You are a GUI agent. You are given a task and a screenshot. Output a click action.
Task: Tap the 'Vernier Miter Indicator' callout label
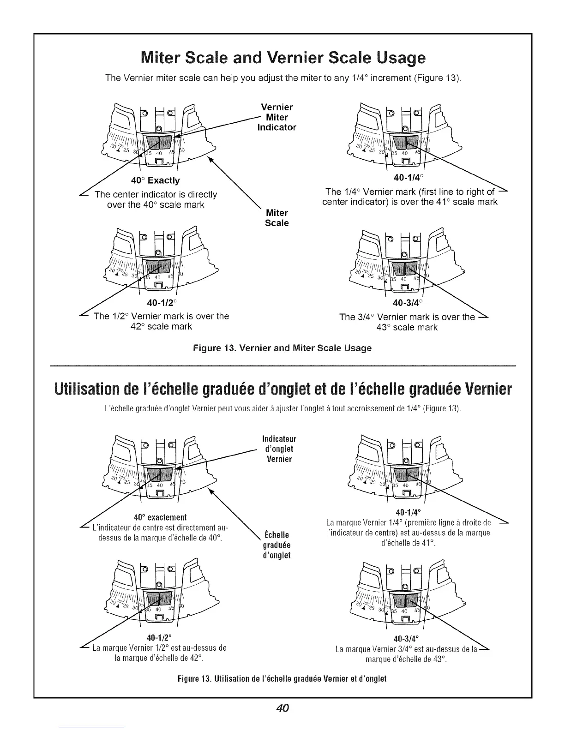tap(276, 117)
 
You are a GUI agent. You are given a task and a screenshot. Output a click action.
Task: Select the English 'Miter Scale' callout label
tap(277, 218)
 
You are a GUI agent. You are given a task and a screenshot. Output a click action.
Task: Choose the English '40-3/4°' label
tap(408, 303)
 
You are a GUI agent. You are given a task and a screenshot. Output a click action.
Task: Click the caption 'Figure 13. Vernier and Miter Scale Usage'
tap(282, 348)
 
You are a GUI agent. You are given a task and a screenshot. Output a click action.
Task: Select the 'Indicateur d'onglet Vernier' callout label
tap(279, 449)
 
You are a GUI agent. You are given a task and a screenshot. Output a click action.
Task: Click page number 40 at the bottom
tap(282, 708)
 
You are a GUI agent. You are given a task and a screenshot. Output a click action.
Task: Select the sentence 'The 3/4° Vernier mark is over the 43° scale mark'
tap(407, 322)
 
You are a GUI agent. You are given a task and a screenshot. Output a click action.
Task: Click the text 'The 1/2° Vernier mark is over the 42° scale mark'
tap(162, 321)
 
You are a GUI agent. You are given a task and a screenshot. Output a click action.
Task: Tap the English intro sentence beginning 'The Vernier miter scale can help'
tap(283, 78)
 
